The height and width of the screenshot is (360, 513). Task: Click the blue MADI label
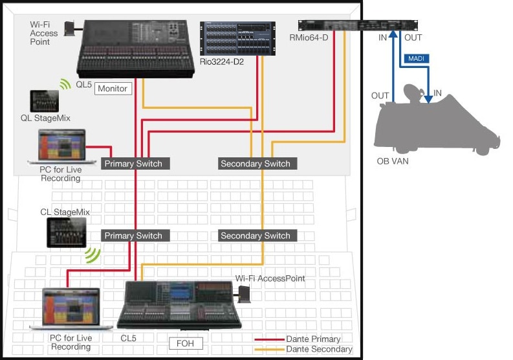tap(414, 59)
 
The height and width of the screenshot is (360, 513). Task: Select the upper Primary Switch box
tap(136, 163)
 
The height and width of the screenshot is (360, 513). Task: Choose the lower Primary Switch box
tap(136, 236)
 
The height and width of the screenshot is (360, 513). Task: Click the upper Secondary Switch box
tap(255, 163)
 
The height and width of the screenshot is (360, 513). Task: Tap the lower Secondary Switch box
tap(255, 236)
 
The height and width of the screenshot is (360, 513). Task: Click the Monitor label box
tap(114, 89)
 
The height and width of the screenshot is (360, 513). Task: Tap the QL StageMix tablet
tap(43, 100)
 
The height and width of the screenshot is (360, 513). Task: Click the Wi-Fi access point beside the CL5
tap(245, 295)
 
